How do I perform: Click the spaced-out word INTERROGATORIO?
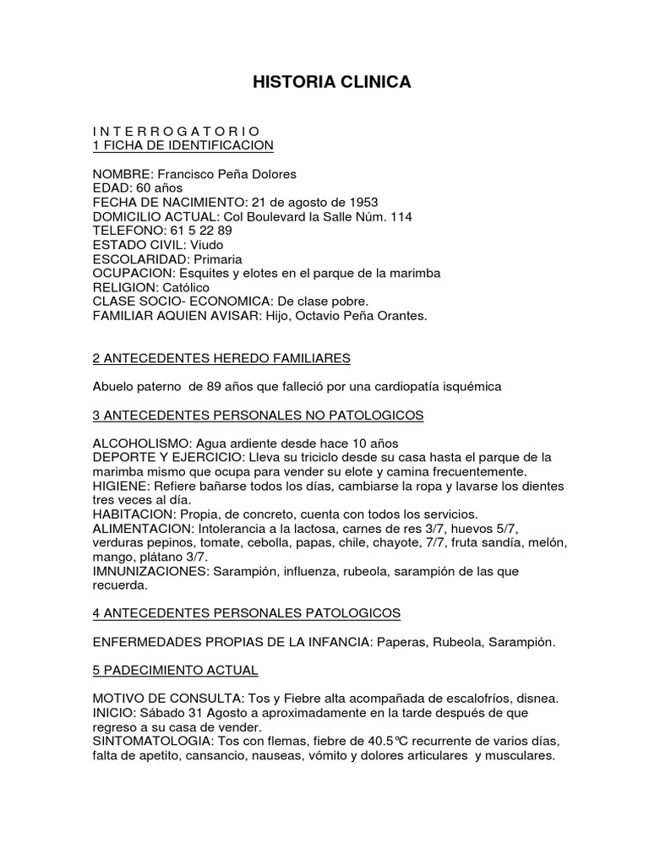(176, 131)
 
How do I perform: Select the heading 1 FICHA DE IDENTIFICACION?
(183, 145)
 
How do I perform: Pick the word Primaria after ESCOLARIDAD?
(217, 259)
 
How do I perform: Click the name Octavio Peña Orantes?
(358, 316)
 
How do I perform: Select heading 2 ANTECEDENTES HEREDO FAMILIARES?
(221, 358)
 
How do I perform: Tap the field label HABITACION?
(135, 514)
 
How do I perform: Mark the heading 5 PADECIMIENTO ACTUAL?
(175, 671)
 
